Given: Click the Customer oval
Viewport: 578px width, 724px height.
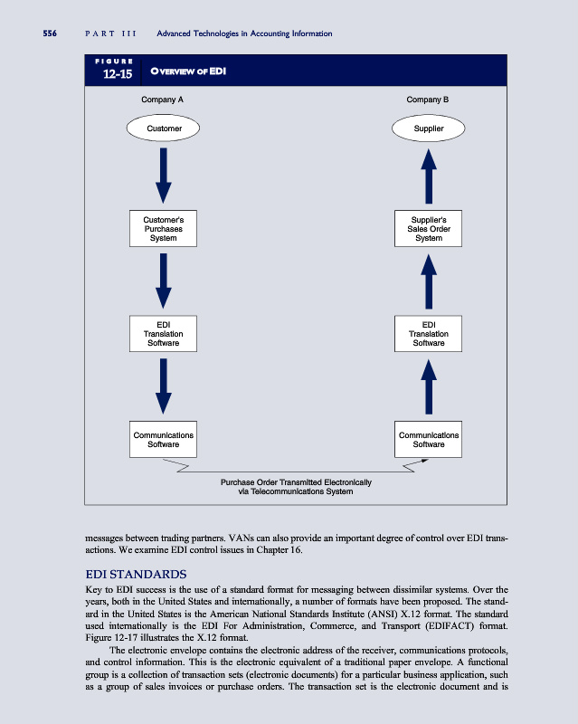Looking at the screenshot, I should tap(164, 129).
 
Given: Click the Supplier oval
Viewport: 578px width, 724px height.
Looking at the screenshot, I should tap(429, 129).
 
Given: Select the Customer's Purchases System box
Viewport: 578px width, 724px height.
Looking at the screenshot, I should tap(164, 228).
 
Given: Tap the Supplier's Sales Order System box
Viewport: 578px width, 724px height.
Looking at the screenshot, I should tap(429, 228).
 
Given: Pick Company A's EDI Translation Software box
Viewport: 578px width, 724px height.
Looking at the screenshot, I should tap(164, 334).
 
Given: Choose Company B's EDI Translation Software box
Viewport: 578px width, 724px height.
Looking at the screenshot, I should tap(429, 334).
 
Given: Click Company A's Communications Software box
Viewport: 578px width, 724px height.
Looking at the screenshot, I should tap(164, 440).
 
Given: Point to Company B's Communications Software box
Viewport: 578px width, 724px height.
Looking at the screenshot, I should tap(429, 440).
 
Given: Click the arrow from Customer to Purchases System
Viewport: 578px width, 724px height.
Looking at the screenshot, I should tap(164, 176).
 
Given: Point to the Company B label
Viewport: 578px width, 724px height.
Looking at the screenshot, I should tap(429, 98).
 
